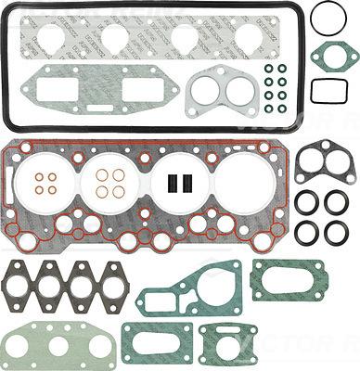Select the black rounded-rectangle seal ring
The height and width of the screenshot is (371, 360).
[x=328, y=90]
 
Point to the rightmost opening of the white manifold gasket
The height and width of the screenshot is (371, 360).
[x=250, y=38]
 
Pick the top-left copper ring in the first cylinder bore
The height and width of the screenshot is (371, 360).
[x=35, y=175]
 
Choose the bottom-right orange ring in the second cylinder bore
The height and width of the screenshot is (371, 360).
[x=119, y=192]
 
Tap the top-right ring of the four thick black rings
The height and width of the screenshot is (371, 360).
[x=336, y=201]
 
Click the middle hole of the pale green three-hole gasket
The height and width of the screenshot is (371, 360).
[x=58, y=346]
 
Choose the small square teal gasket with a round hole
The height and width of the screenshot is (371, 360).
[x=223, y=343]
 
